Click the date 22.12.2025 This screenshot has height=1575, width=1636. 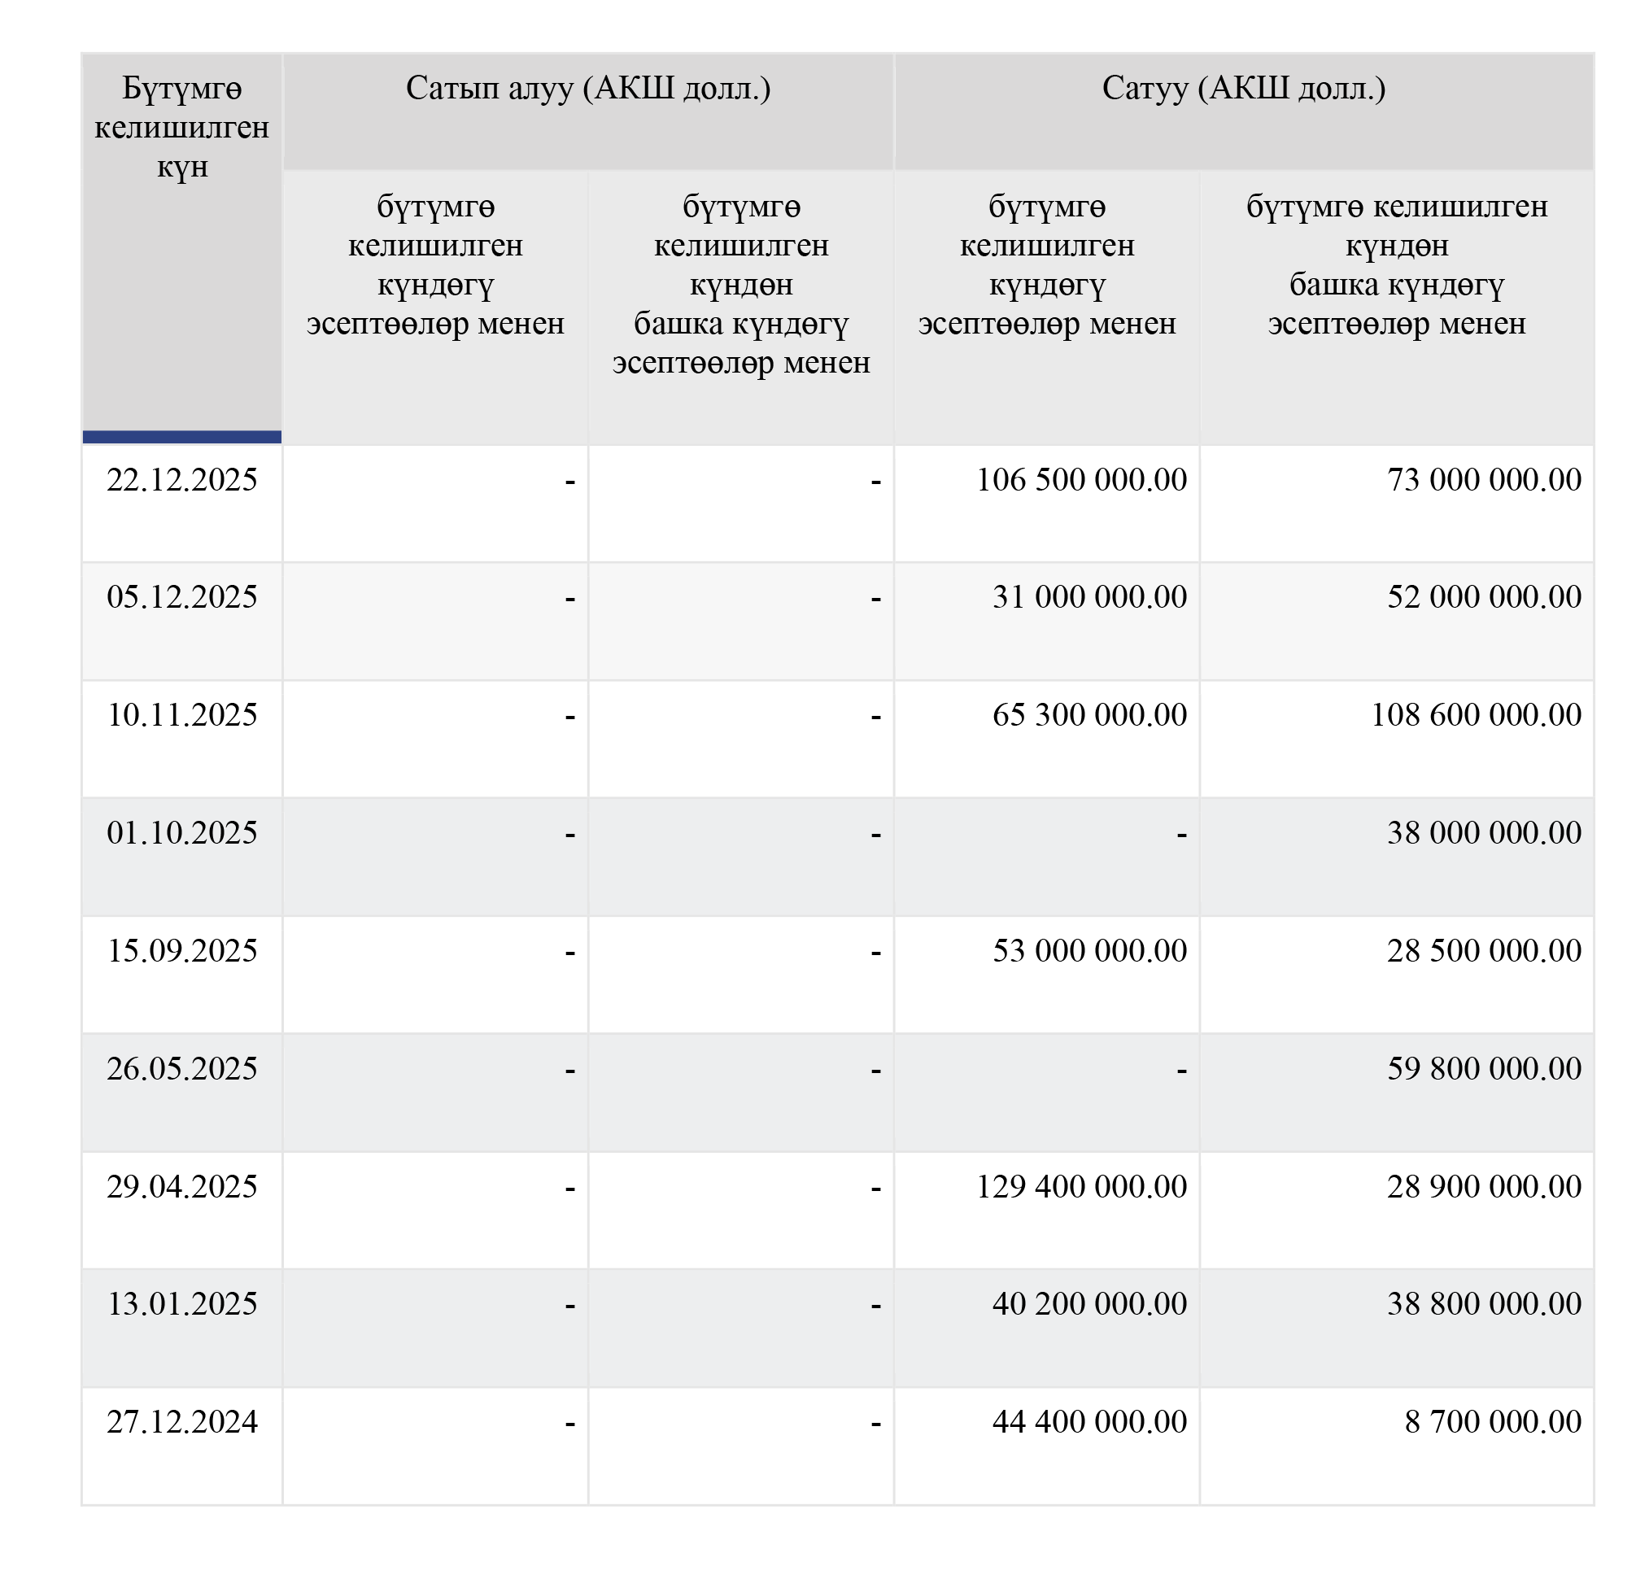pos(182,480)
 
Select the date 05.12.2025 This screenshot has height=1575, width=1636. pos(182,597)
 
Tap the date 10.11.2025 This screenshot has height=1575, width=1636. pos(182,715)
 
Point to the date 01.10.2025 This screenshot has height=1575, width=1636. pos(182,833)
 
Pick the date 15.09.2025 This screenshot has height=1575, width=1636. pos(182,951)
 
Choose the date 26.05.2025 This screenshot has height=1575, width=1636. pos(182,1069)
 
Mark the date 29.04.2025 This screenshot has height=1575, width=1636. pos(182,1187)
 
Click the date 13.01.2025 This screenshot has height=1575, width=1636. pos(182,1304)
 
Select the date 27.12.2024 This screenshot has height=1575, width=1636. pos(182,1422)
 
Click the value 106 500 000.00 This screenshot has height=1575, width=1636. pos(1081,480)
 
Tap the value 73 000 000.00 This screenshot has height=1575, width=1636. pos(1484,480)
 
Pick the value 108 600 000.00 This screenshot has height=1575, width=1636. pos(1476,715)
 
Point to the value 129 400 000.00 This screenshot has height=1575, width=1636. pos(1081,1187)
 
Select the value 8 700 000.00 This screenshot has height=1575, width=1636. pos(1493,1422)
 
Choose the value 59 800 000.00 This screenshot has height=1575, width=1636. pos(1484,1069)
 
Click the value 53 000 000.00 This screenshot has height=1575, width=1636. pos(1089,951)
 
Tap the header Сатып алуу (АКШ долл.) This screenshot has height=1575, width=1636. pos(587,89)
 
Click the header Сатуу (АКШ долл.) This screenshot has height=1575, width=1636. pos(1244,89)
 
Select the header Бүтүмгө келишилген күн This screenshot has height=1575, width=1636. pos(182,128)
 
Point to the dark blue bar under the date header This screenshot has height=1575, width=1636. pos(182,437)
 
